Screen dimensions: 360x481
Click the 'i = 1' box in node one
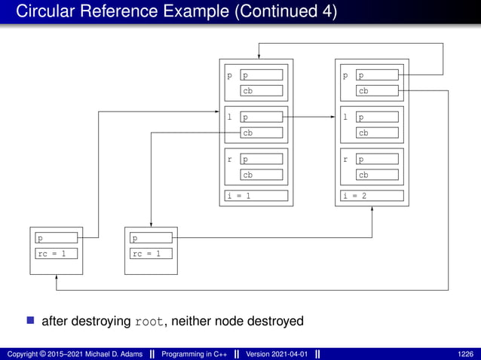tap(256, 196)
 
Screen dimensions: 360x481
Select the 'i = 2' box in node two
tap(372, 196)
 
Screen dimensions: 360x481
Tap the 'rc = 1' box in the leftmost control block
tap(56, 253)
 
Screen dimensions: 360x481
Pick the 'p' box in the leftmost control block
tap(56, 238)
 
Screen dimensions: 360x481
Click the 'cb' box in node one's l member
tap(262, 133)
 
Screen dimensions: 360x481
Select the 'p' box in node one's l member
tap(262, 117)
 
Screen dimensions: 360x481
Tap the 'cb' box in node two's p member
tap(378, 90)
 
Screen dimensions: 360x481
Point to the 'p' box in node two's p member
tap(378, 75)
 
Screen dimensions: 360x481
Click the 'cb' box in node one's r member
tap(262, 175)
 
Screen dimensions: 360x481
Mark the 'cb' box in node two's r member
tap(378, 175)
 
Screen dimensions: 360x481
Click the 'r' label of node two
tap(345, 160)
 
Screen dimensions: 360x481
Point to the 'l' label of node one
tap(229, 117)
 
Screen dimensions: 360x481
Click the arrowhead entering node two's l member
tap(332, 117)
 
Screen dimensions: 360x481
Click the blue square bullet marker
tap(31, 321)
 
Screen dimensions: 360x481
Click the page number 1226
tap(465, 354)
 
